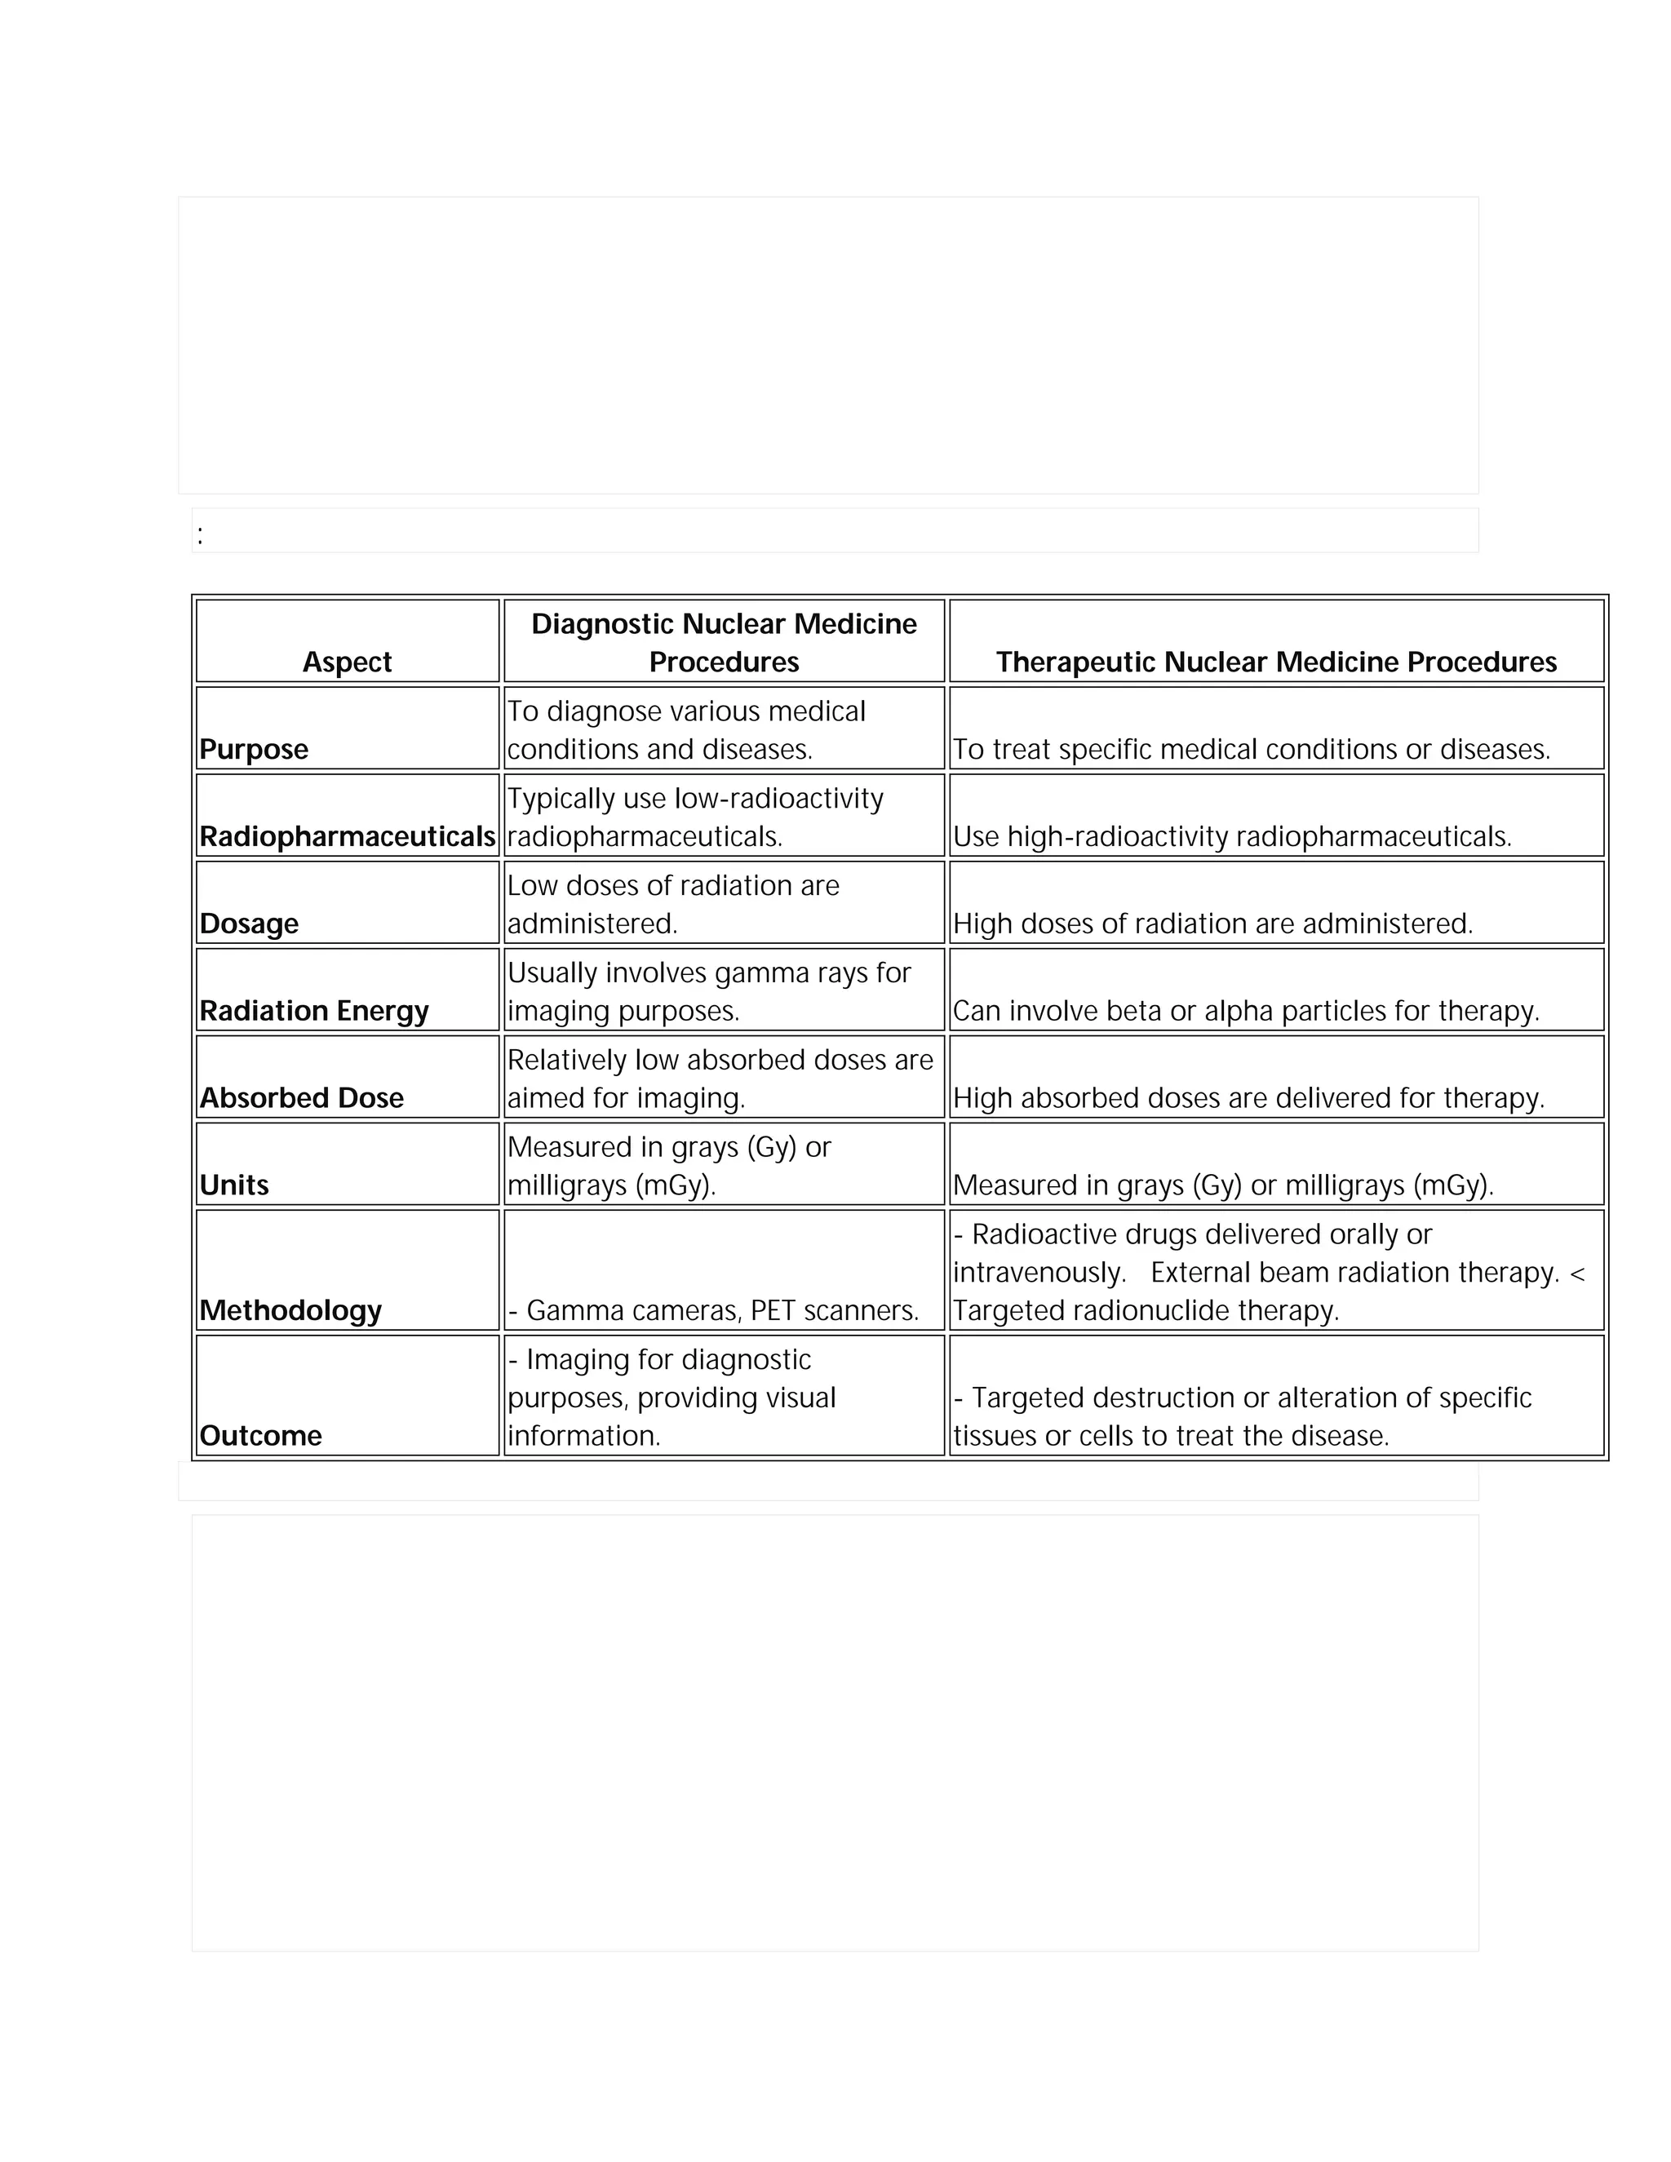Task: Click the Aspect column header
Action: click(347, 662)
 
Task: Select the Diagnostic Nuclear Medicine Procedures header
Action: click(724, 642)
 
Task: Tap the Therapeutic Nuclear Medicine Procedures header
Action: click(1275, 662)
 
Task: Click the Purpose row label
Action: click(254, 750)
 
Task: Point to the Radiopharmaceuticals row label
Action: click(347, 836)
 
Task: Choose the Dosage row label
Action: click(249, 924)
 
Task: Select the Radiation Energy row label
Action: click(314, 1011)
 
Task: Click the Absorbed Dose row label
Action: click(301, 1098)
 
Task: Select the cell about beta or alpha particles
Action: click(1245, 1011)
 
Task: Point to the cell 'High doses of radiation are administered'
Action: click(1212, 924)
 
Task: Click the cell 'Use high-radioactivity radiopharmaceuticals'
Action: click(1231, 836)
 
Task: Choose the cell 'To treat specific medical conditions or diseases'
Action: click(1250, 750)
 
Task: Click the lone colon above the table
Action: click(200, 535)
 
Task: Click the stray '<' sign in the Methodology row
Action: click(1577, 1273)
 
